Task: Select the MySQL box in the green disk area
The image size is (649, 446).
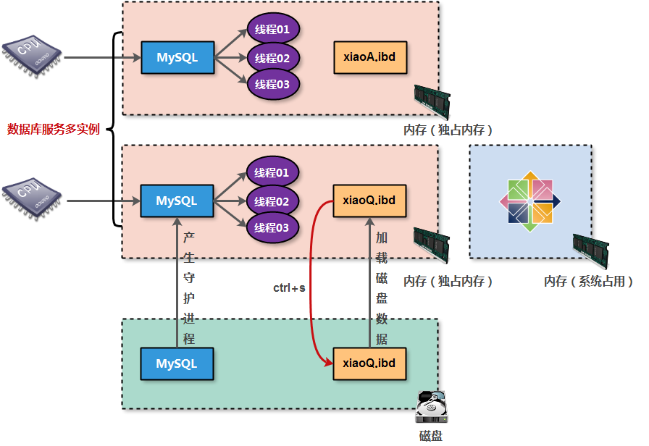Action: pos(177,363)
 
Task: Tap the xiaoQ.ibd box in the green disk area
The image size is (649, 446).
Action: pos(369,363)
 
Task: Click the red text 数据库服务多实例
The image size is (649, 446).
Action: pos(53,130)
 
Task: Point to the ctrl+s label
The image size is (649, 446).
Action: pos(289,288)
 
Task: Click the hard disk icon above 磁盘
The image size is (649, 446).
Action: pos(433,407)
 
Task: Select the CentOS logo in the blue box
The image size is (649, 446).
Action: pos(531,201)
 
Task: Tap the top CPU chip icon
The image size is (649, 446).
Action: pos(32,54)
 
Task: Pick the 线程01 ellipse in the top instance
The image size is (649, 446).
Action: pos(273,30)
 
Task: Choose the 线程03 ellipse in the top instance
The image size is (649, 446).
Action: pos(273,85)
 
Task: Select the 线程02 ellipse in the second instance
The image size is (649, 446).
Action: pos(273,201)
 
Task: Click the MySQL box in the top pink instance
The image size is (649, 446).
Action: pos(177,58)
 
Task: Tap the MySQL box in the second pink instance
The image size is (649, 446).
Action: pos(177,201)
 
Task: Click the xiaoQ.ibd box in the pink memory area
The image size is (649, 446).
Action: pos(369,201)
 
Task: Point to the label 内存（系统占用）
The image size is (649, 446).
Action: pos(588,282)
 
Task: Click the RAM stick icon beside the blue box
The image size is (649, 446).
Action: pos(589,250)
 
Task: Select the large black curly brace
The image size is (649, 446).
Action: pos(114,130)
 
